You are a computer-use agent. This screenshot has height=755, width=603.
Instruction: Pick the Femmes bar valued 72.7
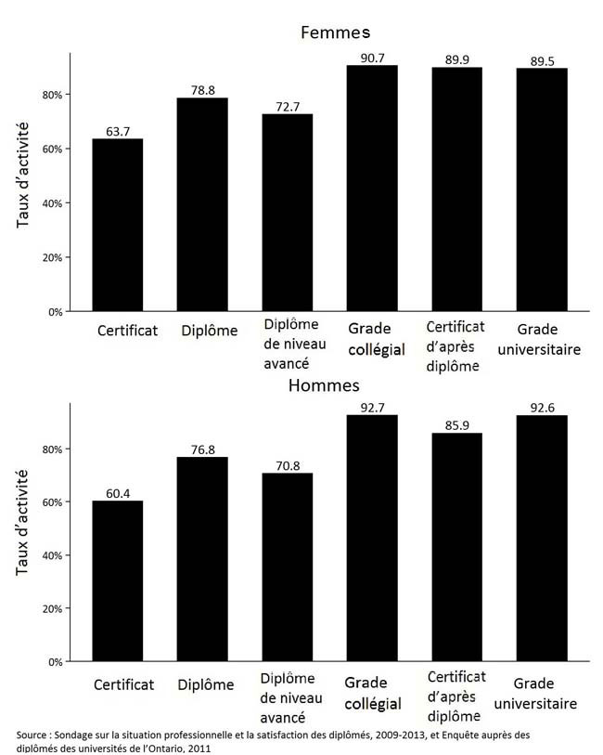tap(288, 213)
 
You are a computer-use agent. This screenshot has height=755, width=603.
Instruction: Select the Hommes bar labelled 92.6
tap(542, 539)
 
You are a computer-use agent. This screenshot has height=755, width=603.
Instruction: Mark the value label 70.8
tap(288, 466)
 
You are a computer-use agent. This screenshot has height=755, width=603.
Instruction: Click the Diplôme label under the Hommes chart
tap(206, 685)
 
